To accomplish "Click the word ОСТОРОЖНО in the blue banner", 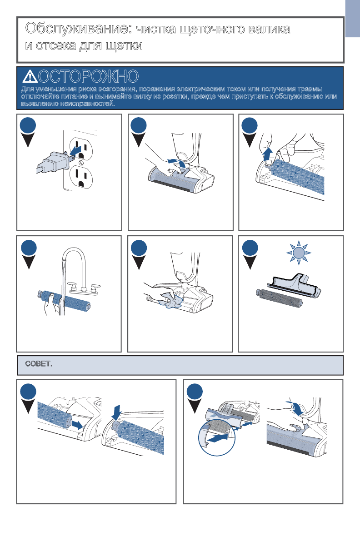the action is tap(88, 76).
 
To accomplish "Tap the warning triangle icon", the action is tap(30, 76).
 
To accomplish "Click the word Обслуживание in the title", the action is tap(79, 29).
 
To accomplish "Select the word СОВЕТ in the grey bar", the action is tap(39, 364).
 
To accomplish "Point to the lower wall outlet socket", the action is tap(81, 177).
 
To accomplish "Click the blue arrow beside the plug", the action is tap(75, 150).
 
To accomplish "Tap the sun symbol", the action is tap(299, 253).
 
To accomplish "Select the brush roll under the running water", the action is tap(64, 301).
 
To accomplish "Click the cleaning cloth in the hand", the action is tap(171, 301).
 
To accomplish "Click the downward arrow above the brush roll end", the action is tap(116, 413).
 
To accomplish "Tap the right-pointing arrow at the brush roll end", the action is tap(77, 425).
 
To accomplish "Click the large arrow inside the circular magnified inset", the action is tap(217, 439).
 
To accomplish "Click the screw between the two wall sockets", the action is tap(81, 163).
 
